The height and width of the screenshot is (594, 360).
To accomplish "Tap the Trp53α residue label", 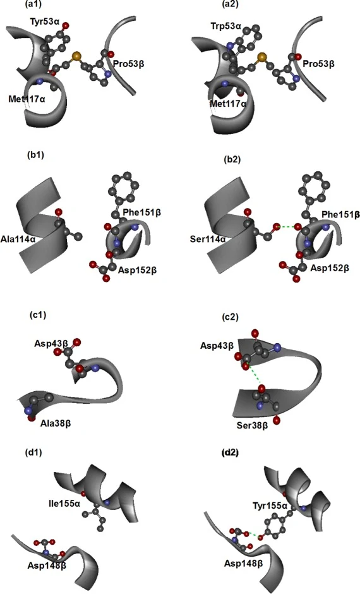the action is [x=225, y=26].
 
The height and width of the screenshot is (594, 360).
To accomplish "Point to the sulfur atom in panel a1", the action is [x=76, y=56].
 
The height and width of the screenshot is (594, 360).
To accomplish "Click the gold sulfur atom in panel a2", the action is [x=261, y=58].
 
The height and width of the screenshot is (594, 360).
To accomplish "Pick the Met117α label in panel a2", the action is [x=228, y=104].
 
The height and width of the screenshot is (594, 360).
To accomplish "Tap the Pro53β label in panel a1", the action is [x=128, y=63].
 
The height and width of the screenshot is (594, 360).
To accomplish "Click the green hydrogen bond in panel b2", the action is [x=286, y=227].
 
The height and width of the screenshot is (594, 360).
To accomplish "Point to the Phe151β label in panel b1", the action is [x=142, y=212].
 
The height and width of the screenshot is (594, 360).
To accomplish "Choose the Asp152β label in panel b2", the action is [x=330, y=268].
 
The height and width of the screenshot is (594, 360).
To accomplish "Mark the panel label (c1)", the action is [x=37, y=315].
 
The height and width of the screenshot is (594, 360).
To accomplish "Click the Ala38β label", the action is [x=56, y=423].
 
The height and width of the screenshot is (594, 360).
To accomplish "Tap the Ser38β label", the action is [x=252, y=425].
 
